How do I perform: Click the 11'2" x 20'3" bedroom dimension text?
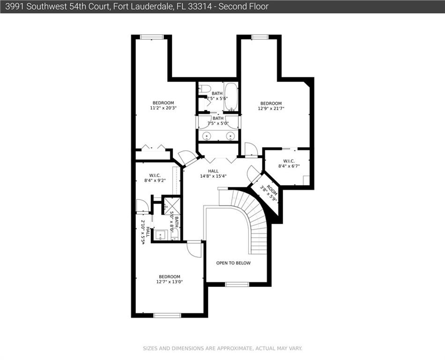click(x=163, y=108)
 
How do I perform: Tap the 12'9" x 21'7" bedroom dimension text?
click(x=271, y=108)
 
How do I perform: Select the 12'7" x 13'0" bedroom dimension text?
click(x=170, y=282)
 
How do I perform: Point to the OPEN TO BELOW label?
click(x=233, y=263)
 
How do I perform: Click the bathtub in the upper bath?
click(x=231, y=97)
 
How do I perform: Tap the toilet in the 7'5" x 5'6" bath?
click(x=204, y=89)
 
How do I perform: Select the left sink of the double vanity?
click(x=207, y=136)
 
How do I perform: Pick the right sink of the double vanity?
click(x=230, y=136)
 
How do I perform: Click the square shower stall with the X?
click(x=172, y=206)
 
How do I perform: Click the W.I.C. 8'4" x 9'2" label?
click(x=155, y=178)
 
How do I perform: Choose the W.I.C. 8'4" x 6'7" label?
click(x=289, y=164)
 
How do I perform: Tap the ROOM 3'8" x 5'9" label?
click(x=269, y=193)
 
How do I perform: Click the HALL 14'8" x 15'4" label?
click(x=213, y=173)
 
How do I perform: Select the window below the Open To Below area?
click(x=237, y=284)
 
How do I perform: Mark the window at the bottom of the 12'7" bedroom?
click(x=167, y=315)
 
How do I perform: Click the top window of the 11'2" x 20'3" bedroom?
click(x=152, y=37)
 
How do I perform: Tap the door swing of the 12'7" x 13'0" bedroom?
click(x=194, y=249)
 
